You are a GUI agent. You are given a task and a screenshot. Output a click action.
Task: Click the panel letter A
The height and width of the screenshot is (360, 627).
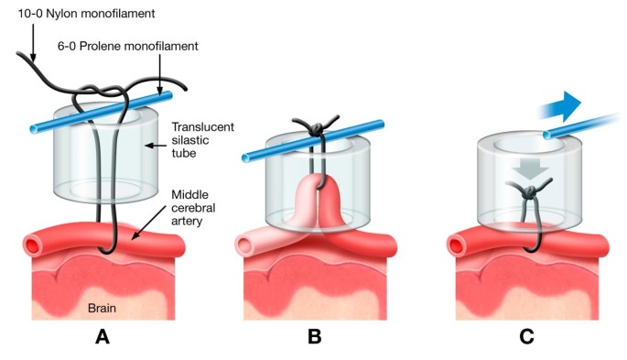pos(103,336)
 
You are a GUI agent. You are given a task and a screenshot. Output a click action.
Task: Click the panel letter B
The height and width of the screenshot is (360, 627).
pos(315,336)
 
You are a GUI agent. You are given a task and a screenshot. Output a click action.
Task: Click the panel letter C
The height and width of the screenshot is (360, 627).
pos(526,336)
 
